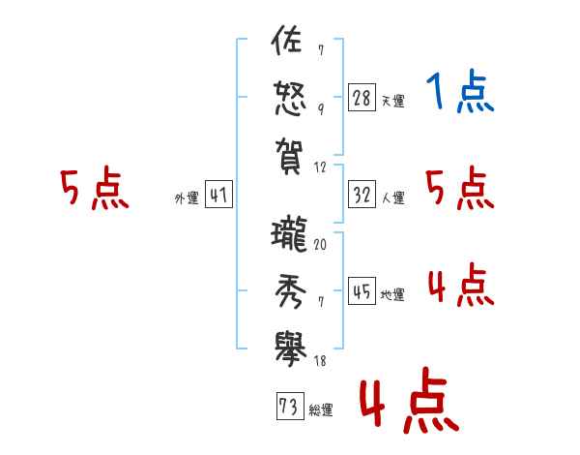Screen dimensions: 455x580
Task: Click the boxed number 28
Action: tap(361, 97)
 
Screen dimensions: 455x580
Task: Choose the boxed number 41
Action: tap(218, 196)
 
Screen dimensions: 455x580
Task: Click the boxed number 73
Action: tap(287, 407)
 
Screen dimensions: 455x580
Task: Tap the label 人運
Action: tap(392, 198)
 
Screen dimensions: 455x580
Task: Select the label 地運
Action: tap(392, 295)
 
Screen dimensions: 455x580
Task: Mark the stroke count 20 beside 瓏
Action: tap(320, 244)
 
